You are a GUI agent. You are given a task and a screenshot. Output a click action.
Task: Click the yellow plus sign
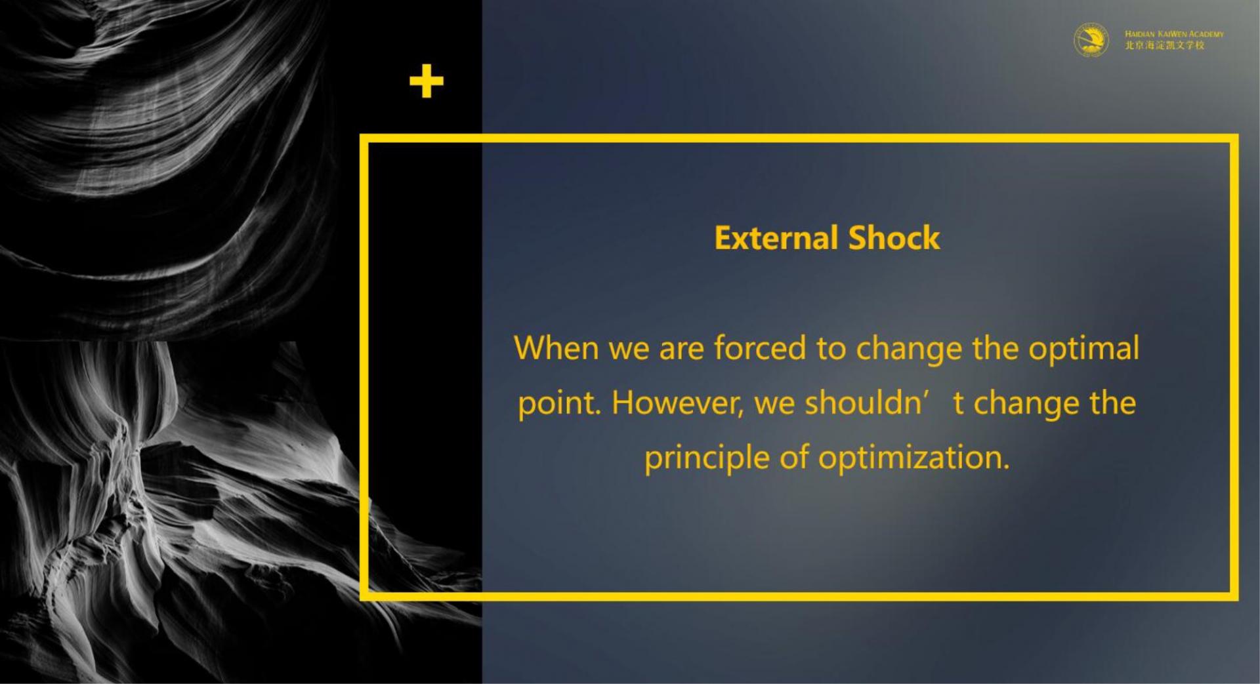coord(427,81)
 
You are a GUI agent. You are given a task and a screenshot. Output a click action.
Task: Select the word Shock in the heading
coord(894,237)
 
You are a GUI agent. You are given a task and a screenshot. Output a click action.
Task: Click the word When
coord(556,348)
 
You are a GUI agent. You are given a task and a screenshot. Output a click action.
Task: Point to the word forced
coord(759,348)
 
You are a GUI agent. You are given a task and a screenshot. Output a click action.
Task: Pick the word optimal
coord(1083,349)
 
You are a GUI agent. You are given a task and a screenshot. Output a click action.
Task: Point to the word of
coord(794,457)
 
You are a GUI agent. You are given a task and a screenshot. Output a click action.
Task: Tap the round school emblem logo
coord(1091,39)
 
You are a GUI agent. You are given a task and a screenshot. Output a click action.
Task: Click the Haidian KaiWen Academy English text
coord(1174,34)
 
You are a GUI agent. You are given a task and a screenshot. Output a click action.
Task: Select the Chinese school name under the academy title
coord(1165,45)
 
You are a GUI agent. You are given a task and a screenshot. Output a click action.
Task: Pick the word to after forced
coord(831,349)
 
